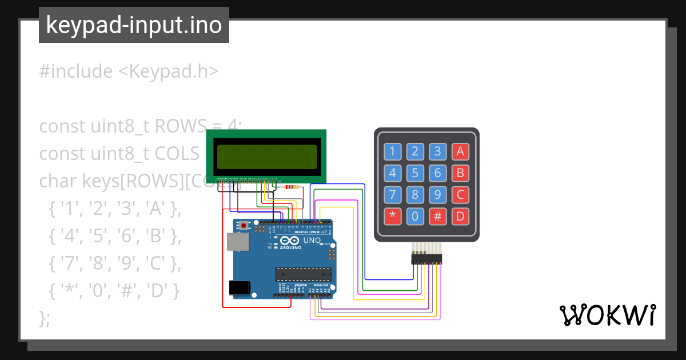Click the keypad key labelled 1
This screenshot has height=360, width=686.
point(392,151)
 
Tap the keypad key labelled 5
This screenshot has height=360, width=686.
point(415,173)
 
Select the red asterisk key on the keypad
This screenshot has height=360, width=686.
point(392,217)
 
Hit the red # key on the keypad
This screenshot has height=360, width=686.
point(437,217)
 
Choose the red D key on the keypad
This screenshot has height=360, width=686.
point(460,217)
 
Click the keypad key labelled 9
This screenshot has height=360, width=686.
point(437,195)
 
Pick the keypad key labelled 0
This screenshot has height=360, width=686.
point(415,217)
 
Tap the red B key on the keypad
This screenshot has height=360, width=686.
point(460,173)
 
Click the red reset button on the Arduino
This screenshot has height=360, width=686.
point(245,226)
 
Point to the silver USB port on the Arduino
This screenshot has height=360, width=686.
point(237,242)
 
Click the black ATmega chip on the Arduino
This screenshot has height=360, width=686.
point(303,274)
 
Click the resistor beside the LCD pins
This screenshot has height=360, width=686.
point(292,187)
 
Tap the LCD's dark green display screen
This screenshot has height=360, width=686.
point(266,157)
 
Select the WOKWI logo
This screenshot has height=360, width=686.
point(607,315)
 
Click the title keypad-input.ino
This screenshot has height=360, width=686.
point(134,25)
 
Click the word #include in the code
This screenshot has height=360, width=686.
point(76,71)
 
